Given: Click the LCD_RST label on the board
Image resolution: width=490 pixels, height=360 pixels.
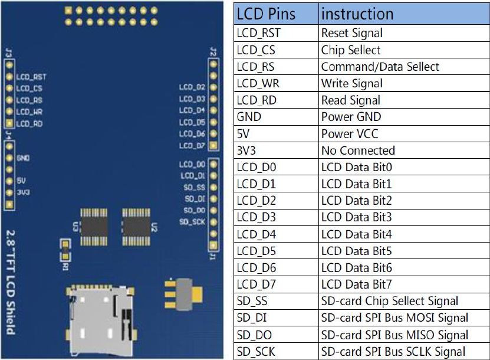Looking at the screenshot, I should tap(31, 77).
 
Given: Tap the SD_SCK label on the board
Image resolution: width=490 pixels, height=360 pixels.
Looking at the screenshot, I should tap(192, 222).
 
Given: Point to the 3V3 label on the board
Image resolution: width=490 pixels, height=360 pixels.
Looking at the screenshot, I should tap(23, 192).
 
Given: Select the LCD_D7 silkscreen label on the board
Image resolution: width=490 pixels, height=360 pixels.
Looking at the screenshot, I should tap(192, 145).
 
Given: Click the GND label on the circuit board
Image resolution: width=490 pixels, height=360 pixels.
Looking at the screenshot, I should tap(23, 158).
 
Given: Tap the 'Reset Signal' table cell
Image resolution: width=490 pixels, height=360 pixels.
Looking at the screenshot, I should tap(352, 33).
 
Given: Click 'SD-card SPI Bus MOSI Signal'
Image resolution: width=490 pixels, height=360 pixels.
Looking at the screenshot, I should tap(394, 318).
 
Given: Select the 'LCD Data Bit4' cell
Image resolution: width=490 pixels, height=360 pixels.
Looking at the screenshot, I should tap(356, 234).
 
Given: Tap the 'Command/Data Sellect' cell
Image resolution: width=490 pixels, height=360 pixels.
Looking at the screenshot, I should tap(380, 67).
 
